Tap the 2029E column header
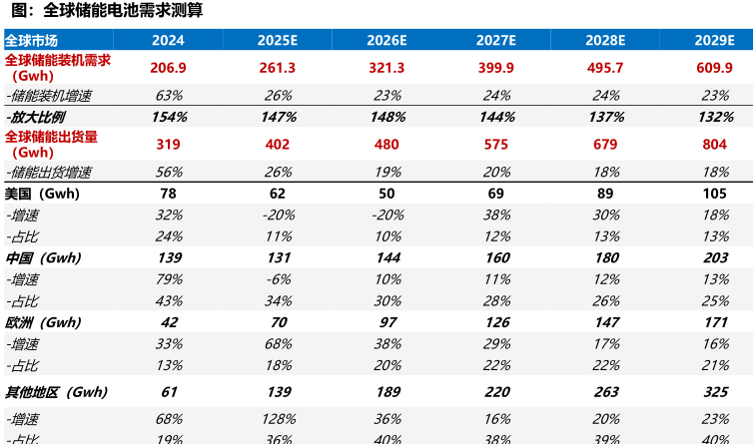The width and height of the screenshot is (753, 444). (713, 41)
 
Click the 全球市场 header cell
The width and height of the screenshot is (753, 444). (31, 41)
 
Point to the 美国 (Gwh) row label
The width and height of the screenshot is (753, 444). (42, 193)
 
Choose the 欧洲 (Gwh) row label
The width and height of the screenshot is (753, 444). (42, 322)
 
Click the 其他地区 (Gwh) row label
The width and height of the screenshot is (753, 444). (56, 392)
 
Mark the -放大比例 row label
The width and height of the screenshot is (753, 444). (32, 117)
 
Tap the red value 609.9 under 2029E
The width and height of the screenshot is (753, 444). (713, 68)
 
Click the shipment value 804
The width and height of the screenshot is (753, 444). (713, 144)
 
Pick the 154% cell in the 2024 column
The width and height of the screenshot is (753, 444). (169, 117)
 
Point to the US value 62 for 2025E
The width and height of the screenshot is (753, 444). (278, 193)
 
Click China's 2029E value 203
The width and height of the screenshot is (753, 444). (713, 257)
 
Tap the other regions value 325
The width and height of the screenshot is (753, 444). (713, 392)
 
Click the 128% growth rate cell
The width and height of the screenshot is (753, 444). (278, 420)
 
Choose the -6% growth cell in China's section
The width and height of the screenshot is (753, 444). (278, 279)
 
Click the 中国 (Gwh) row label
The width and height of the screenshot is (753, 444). (42, 257)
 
